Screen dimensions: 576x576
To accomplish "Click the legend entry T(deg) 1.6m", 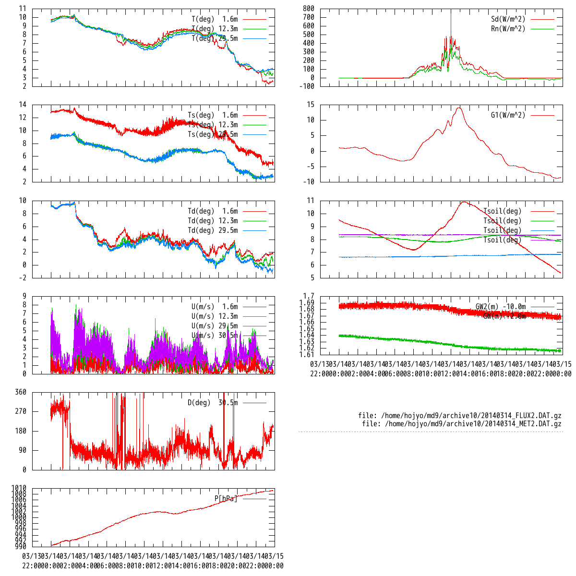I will click(215, 19).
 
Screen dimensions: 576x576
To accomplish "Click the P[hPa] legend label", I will click(226, 499).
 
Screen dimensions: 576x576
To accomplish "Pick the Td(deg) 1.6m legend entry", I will click(213, 211).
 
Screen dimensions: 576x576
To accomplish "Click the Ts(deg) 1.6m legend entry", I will click(213, 115).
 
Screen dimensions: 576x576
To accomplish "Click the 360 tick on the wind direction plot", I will click(21, 392).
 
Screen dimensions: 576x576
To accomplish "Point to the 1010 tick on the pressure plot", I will click(19, 488).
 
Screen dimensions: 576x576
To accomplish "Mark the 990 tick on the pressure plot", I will click(20, 546).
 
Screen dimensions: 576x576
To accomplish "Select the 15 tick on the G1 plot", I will click(310, 105).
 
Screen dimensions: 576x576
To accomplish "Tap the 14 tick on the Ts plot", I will click(22, 105).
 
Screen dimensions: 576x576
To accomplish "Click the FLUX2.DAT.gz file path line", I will click(459, 416).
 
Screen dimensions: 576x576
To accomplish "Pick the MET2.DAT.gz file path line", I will click(461, 424).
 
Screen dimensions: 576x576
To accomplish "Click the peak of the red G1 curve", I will click(459, 108).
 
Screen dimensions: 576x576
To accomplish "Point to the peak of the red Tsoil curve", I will click(464, 202).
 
